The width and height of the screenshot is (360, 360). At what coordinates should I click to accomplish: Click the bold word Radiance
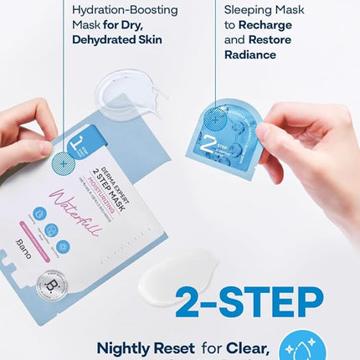[251, 54]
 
